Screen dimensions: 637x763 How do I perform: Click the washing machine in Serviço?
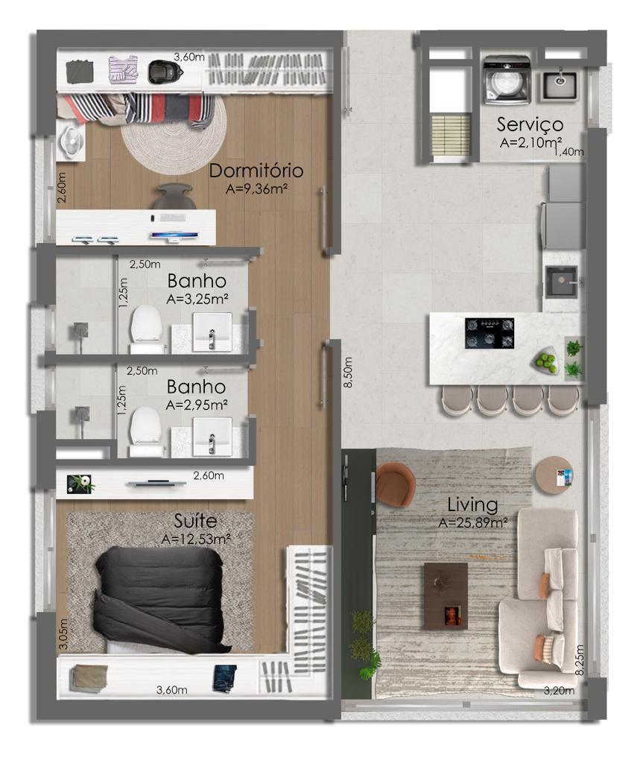507,80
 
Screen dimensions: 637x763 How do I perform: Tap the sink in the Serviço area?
560,86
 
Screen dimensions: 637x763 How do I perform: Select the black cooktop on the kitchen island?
489,333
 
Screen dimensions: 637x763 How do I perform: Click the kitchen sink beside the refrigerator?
561,282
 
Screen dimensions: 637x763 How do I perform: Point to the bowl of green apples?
545,361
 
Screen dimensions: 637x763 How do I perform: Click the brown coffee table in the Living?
446,596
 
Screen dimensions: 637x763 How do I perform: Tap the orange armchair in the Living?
395,483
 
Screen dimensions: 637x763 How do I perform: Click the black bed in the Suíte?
161,599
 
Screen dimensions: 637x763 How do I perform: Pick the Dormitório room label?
256,171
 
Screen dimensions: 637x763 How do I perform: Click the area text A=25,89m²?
473,523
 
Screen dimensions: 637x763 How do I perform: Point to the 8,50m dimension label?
347,373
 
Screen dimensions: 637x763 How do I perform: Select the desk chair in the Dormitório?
174,196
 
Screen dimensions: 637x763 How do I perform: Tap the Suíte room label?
195,521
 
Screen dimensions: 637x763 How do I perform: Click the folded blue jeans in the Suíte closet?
225,677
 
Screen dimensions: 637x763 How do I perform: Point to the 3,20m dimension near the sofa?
559,690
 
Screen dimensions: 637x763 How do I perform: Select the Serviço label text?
530,125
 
